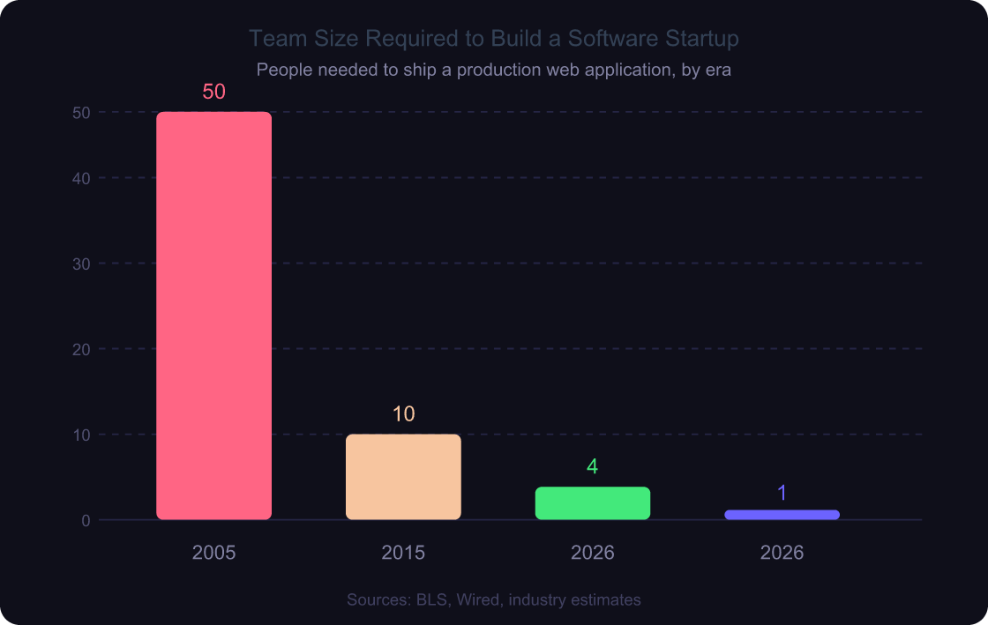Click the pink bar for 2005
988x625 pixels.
pyautogui.click(x=213, y=315)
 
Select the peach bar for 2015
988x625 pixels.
pyautogui.click(x=403, y=476)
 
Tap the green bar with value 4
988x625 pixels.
pyautogui.click(x=593, y=502)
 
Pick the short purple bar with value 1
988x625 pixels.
pyautogui.click(x=782, y=515)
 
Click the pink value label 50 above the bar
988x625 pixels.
pyautogui.click(x=213, y=92)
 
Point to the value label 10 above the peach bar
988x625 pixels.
pyautogui.click(x=403, y=414)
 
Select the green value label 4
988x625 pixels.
pyautogui.click(x=593, y=467)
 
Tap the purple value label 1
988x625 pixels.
pyautogui.click(x=782, y=494)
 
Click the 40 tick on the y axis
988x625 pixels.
pyautogui.click(x=81, y=178)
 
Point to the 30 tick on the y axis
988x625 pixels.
pyautogui.click(x=81, y=264)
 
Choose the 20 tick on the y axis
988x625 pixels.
pyautogui.click(x=81, y=349)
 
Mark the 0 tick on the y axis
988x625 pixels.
pyautogui.click(x=86, y=520)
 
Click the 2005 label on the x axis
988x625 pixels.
pyautogui.click(x=213, y=553)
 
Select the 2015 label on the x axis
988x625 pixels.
pyautogui.click(x=403, y=553)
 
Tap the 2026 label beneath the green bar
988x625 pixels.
pyautogui.click(x=593, y=553)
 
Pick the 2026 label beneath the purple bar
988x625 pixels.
pyautogui.click(x=782, y=553)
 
